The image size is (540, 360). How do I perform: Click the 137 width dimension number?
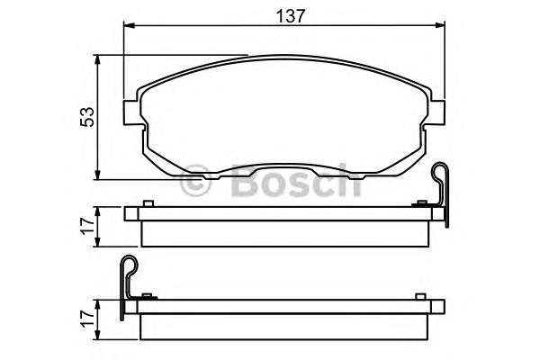[291, 16]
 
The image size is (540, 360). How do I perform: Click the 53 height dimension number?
[86, 117]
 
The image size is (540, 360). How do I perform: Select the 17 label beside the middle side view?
[87, 226]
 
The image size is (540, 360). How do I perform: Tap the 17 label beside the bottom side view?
[87, 319]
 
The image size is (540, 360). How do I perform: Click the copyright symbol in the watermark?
[195, 180]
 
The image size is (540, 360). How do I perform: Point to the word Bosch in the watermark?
[296, 180]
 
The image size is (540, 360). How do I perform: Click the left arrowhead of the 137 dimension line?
[129, 25]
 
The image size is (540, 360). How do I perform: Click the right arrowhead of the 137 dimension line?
[439, 25]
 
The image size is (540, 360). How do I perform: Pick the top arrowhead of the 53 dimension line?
[98, 60]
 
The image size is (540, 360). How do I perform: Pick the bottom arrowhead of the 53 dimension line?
[98, 174]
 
